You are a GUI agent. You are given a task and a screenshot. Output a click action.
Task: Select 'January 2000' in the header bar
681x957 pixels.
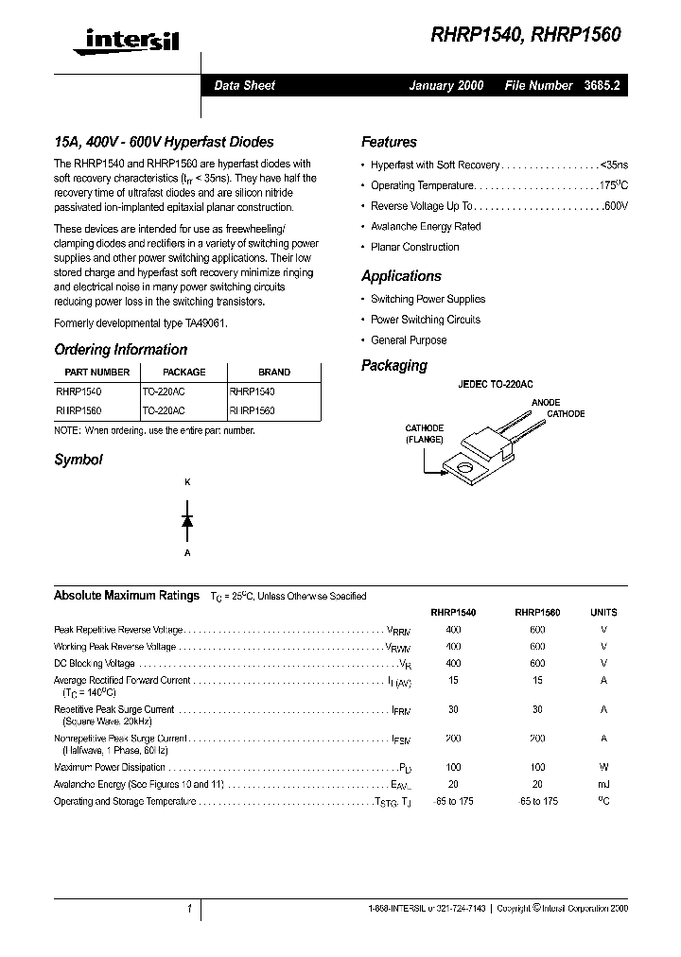point(445,85)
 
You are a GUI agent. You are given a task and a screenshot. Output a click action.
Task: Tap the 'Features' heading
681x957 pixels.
point(389,143)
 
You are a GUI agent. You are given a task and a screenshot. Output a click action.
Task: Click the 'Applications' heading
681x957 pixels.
point(401,276)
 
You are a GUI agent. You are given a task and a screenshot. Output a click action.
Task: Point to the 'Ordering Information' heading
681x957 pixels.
point(120,350)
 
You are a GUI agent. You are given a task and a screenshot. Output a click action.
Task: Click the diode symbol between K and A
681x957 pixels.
point(187,519)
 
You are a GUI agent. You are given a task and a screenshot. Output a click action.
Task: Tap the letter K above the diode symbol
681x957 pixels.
point(187,483)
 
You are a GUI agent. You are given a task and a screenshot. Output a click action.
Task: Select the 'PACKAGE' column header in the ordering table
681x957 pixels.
point(183,373)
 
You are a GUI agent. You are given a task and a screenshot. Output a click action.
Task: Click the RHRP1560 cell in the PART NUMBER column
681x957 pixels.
point(79,411)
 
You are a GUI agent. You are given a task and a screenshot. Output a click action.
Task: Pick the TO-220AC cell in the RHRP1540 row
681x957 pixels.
point(164,391)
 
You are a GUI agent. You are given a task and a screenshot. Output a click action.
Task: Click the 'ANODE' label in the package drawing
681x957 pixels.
point(546,403)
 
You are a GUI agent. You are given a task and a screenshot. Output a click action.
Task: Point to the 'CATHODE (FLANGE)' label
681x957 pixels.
point(425,434)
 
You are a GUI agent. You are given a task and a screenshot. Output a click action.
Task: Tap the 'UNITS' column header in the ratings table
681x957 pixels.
point(603,612)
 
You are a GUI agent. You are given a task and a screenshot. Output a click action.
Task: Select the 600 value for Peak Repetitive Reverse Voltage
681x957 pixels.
point(536,630)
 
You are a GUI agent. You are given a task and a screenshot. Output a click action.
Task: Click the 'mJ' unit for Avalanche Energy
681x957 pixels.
point(603,785)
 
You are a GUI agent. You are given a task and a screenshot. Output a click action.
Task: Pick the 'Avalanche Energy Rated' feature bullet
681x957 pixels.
point(426,227)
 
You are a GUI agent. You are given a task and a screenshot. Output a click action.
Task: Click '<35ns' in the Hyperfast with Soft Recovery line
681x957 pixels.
point(615,165)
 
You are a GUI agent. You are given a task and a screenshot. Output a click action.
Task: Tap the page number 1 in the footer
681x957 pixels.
point(190,909)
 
